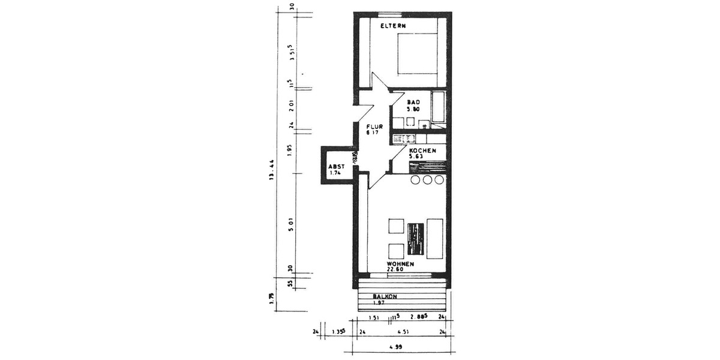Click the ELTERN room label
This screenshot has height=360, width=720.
(x=394, y=26)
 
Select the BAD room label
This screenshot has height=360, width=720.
(x=413, y=103)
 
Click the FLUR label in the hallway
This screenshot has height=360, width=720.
(x=376, y=127)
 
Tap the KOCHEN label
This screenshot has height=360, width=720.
(x=422, y=151)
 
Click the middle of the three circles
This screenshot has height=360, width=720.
(x=428, y=180)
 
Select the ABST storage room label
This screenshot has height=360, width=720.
(x=335, y=167)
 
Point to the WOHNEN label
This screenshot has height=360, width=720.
(x=400, y=264)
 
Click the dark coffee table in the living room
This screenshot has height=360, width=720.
(x=415, y=238)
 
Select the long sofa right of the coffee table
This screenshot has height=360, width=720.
(x=435, y=238)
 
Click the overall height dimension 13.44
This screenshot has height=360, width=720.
(x=272, y=170)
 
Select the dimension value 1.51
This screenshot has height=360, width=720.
(x=373, y=318)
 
